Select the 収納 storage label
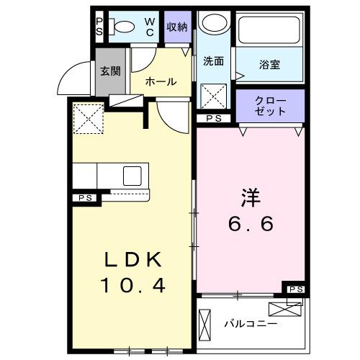click(x=177, y=27)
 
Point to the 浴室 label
click(x=270, y=64)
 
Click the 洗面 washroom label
click(x=214, y=61)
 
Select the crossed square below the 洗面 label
click(x=214, y=94)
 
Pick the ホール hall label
click(x=161, y=81)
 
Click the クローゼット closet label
click(x=270, y=106)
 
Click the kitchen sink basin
click(x=133, y=176)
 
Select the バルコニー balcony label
click(x=250, y=323)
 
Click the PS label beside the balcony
click(x=294, y=289)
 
